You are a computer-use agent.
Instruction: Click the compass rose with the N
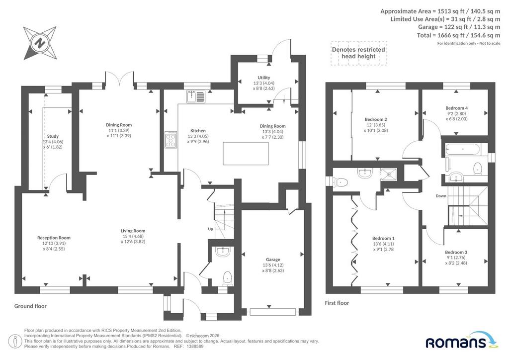point(40,43)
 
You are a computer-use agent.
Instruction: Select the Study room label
point(53,136)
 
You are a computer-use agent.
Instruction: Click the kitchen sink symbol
point(196,96)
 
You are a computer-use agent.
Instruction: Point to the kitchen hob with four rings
point(171,140)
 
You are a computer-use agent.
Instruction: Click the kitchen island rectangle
point(246,154)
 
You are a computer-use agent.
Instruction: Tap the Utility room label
point(263,78)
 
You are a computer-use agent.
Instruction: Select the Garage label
point(273,260)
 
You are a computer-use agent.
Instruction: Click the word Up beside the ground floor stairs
point(210,229)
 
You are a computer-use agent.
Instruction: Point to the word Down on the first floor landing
point(441,196)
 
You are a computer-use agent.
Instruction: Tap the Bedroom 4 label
point(456,108)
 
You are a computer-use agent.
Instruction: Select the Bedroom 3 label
point(456,252)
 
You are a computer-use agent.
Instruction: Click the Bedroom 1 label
point(383,238)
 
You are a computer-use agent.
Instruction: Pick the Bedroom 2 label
point(376,119)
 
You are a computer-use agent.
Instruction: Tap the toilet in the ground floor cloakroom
point(227,278)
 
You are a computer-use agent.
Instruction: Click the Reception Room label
point(54,238)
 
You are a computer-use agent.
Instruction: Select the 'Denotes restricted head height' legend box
point(359,53)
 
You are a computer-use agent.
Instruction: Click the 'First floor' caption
point(337,303)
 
